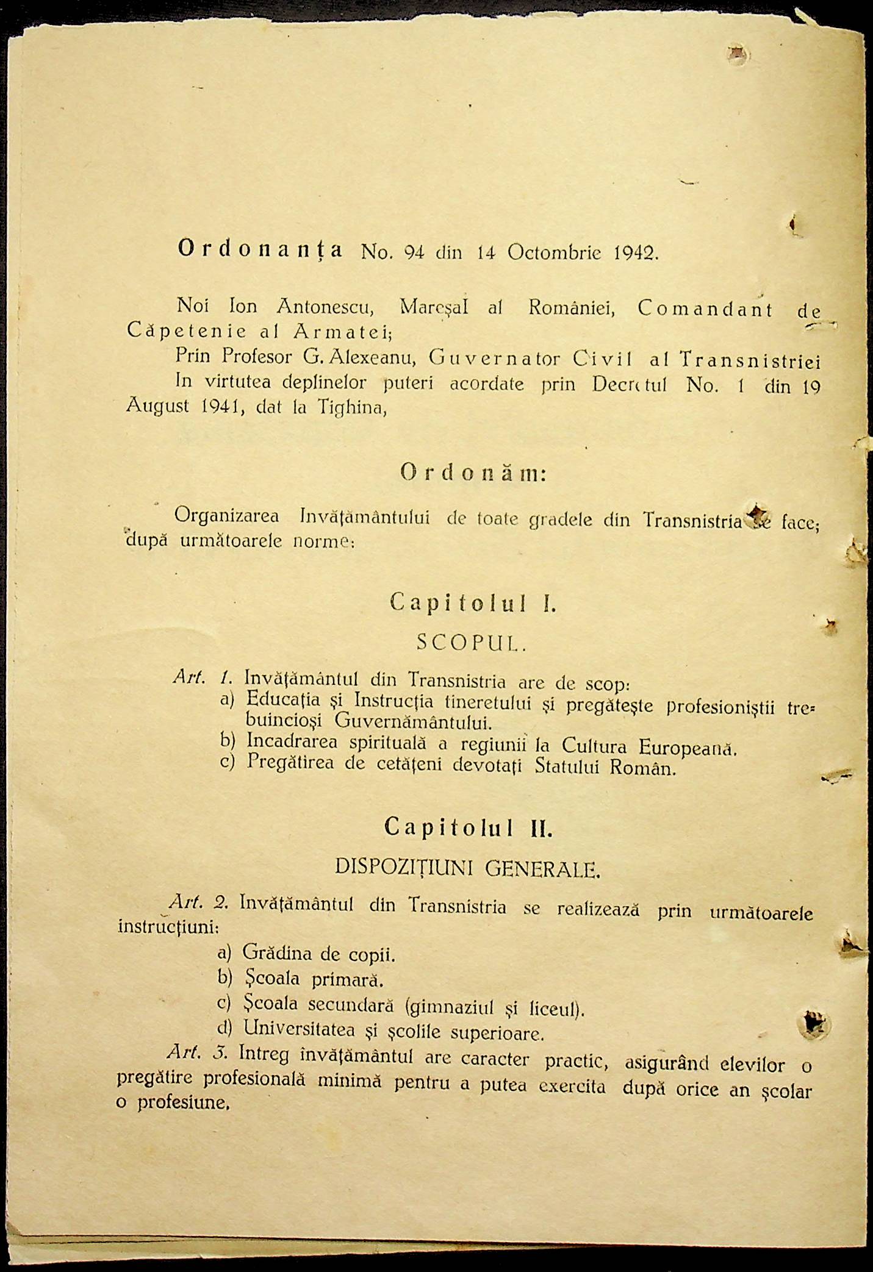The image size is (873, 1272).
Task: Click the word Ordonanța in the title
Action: [260, 249]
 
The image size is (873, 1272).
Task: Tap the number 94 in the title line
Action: [414, 252]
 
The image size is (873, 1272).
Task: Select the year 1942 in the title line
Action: [634, 253]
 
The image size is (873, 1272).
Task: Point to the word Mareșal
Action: [434, 307]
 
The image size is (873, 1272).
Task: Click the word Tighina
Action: [352, 407]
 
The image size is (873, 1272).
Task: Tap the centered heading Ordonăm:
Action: [473, 473]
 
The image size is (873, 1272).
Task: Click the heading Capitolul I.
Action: [473, 603]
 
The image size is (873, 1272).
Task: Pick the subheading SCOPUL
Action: [471, 642]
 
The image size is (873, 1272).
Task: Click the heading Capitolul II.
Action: [469, 827]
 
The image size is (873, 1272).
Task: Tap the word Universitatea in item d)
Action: [299, 1029]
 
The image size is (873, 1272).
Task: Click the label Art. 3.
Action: [197, 1052]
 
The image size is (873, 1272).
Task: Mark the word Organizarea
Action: [226, 516]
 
